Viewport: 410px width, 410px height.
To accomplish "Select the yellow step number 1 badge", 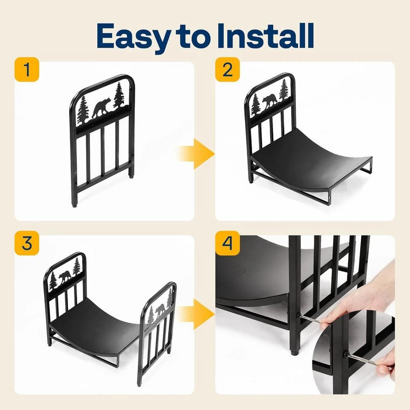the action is [x=27, y=70].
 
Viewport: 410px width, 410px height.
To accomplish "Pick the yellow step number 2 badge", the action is [x=228, y=70].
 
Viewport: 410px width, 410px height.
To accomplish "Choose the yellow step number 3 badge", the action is [x=27, y=243].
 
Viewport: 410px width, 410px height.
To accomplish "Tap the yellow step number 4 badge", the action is [x=228, y=243].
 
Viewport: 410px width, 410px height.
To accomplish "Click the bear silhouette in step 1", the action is [x=101, y=108].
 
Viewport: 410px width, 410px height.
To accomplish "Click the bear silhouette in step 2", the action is [x=269, y=101].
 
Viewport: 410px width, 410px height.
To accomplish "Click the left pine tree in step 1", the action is [x=83, y=110].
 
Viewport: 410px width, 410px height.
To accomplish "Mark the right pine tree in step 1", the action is [x=119, y=95].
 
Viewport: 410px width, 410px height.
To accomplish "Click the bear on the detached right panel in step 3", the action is [x=160, y=311].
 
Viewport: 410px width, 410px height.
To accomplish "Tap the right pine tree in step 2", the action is [x=284, y=90].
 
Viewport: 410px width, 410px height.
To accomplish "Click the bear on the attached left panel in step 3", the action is [x=65, y=277].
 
